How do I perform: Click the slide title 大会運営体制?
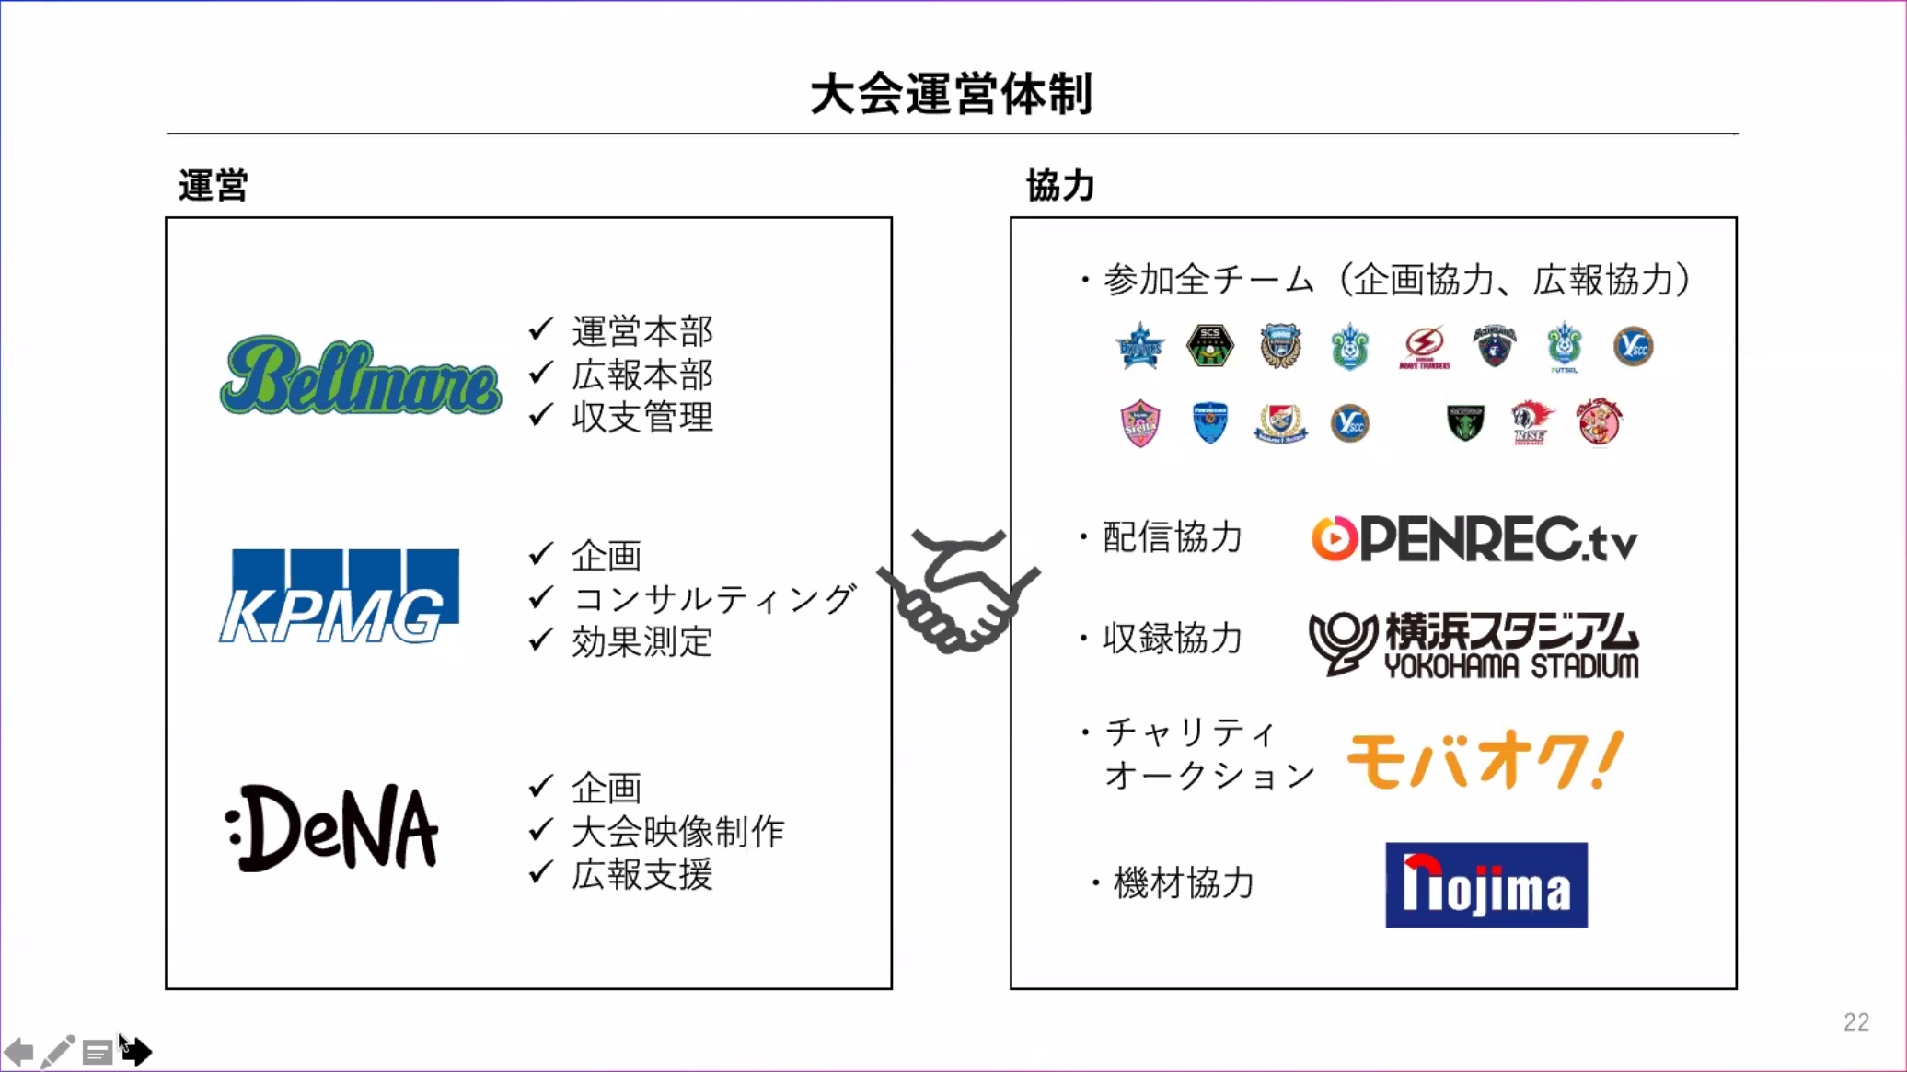tap(952, 94)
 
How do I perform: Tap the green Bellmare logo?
tap(361, 375)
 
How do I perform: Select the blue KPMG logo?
tap(339, 595)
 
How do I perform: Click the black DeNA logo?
tap(332, 827)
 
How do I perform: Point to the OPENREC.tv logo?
tap(1474, 539)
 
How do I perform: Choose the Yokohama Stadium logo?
tap(1474, 644)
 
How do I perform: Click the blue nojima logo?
tap(1486, 885)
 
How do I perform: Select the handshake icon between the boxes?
tap(957, 592)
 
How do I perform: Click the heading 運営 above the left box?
tap(214, 186)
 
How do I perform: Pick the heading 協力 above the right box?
tap(1060, 186)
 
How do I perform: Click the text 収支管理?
tap(642, 418)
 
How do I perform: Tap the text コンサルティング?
tap(714, 599)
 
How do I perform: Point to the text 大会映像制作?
tap(678, 832)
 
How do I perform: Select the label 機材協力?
tap(1184, 883)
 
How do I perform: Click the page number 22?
tap(1856, 1022)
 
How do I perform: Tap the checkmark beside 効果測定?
tap(542, 640)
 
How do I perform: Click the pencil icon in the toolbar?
tap(57, 1051)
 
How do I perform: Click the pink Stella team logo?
tap(1139, 423)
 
